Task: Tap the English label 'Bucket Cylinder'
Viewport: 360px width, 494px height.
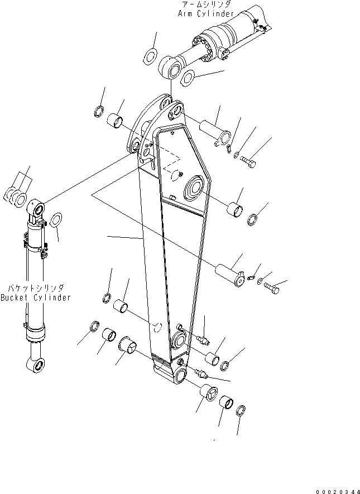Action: point(36,298)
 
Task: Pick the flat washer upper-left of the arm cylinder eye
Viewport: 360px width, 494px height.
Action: point(150,55)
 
